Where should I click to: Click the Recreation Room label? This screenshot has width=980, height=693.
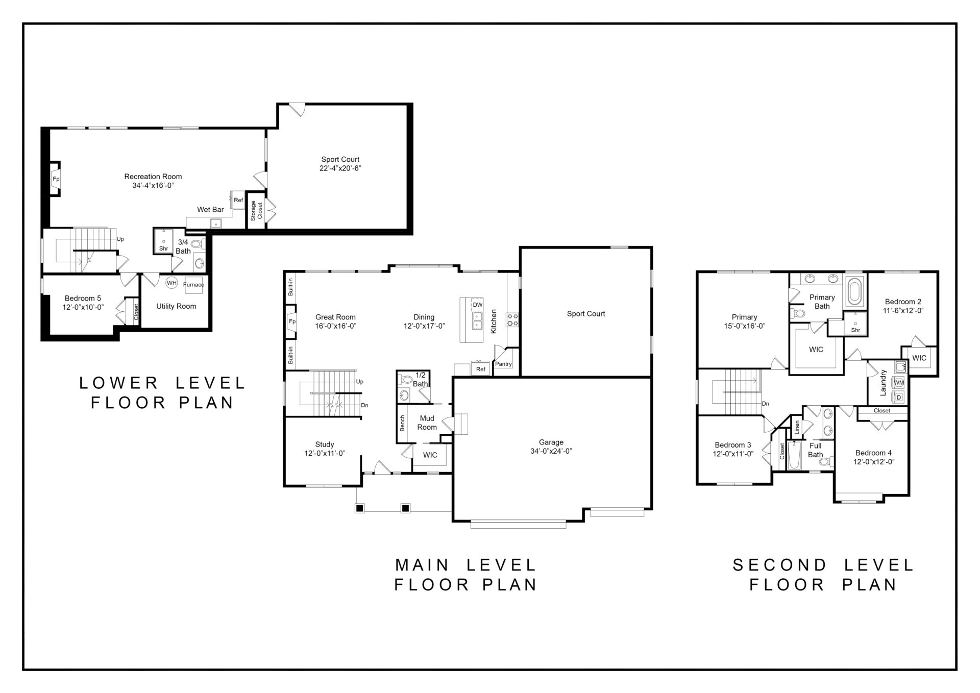tap(153, 177)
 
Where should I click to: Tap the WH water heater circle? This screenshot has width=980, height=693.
tap(171, 283)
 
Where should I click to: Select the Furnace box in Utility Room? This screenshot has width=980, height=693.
tap(193, 285)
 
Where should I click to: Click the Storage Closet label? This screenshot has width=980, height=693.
tap(256, 210)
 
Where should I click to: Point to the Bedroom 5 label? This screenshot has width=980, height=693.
tap(83, 299)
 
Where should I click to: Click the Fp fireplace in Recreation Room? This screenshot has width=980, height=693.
tap(55, 179)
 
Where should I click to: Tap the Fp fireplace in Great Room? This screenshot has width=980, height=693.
tap(291, 321)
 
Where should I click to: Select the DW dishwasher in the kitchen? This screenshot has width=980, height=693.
tap(477, 305)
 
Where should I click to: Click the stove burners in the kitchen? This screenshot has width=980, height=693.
tap(512, 319)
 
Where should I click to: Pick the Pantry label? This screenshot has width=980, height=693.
tap(503, 364)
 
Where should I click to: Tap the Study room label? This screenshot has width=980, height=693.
tap(325, 444)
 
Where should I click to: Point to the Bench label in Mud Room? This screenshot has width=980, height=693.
tap(402, 423)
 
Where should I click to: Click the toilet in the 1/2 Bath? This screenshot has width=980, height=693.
tap(406, 380)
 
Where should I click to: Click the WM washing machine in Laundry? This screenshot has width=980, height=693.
tap(899, 382)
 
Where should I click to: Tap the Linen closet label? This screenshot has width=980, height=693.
tap(797, 428)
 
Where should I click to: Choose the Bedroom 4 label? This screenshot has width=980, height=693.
tap(874, 453)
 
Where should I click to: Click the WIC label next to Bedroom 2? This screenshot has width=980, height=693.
tap(919, 358)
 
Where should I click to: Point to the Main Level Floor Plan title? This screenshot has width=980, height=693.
tap(466, 575)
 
